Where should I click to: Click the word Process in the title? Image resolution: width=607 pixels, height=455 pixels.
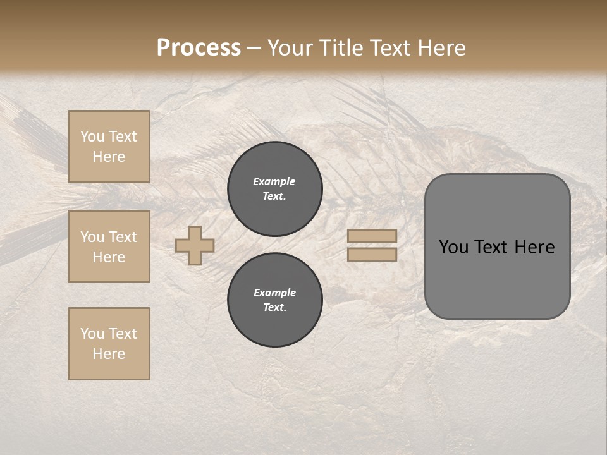(x=199, y=48)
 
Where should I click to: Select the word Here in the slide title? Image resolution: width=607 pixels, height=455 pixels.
(x=441, y=48)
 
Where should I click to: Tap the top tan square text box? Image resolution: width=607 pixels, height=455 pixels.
(x=109, y=147)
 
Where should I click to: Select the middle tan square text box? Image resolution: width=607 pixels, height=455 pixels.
(x=109, y=246)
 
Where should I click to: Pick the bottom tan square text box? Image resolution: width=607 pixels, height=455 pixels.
(x=109, y=344)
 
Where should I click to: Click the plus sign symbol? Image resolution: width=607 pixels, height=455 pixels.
(x=195, y=245)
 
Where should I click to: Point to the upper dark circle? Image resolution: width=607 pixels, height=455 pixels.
(x=275, y=189)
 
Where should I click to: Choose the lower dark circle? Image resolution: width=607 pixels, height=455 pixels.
(x=275, y=300)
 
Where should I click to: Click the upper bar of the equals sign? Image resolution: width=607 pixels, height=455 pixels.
(x=372, y=236)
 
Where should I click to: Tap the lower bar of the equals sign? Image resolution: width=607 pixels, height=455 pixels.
(x=372, y=255)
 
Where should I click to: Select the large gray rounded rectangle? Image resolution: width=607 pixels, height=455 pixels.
(x=497, y=246)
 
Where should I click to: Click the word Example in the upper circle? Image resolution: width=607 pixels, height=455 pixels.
(x=274, y=181)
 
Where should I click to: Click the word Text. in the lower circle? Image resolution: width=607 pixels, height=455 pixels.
(x=275, y=308)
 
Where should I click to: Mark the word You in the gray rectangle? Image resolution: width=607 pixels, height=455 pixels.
(x=453, y=247)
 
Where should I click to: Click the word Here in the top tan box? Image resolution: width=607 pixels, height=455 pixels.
(x=109, y=157)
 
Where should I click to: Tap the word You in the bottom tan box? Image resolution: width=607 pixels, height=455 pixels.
(x=92, y=334)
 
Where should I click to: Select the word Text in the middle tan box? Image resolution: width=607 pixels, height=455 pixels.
(x=123, y=237)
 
